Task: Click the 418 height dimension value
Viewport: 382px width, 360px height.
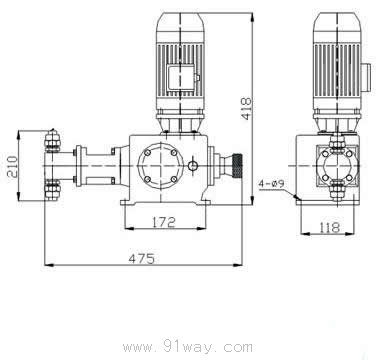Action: click(246, 108)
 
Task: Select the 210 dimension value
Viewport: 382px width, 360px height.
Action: click(12, 166)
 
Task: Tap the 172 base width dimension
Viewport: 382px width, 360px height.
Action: click(164, 222)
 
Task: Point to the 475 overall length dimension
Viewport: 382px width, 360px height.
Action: click(142, 259)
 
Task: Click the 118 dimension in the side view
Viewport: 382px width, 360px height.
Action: click(329, 227)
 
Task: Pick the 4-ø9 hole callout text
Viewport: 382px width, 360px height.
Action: click(272, 184)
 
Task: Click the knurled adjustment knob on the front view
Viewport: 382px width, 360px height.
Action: click(237, 165)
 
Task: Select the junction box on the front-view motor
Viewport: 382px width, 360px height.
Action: click(181, 77)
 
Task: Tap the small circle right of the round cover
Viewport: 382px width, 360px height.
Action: click(192, 165)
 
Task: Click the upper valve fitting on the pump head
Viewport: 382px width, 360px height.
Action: click(52, 141)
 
